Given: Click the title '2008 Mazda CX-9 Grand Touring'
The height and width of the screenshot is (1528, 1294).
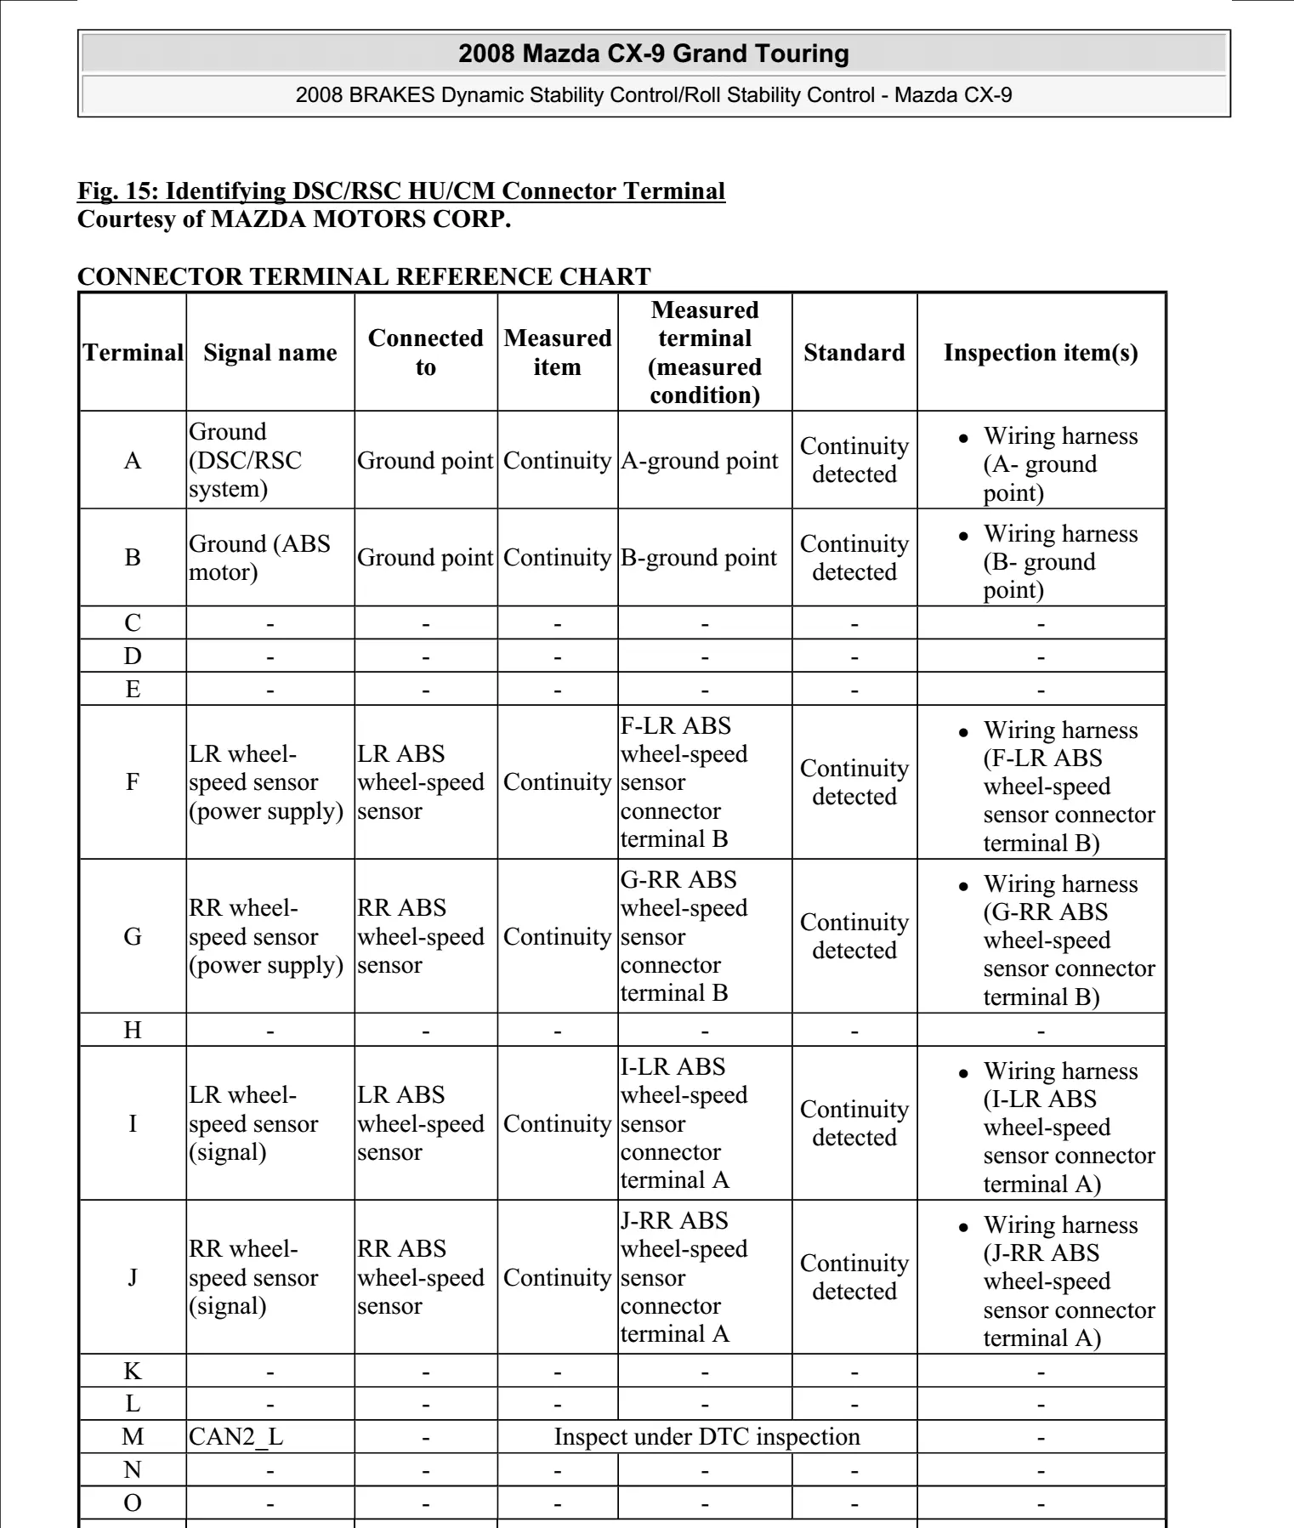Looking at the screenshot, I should click(654, 54).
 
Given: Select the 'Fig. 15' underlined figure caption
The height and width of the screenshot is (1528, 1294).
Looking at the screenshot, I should click(401, 190).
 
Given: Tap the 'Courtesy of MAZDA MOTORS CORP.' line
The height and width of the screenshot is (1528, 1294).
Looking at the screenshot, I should click(294, 219).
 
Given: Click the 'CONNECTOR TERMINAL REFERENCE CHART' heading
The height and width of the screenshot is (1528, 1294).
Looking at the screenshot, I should click(364, 276).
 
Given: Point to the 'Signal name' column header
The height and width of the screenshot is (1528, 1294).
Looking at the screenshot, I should click(270, 352).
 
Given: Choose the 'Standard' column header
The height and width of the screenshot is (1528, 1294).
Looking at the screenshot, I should click(854, 352).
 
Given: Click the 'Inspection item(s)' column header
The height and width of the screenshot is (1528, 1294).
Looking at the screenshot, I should click(1041, 352).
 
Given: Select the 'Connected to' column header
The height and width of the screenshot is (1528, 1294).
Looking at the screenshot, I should click(425, 352).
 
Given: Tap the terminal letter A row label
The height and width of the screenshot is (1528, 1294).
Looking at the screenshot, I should click(133, 460).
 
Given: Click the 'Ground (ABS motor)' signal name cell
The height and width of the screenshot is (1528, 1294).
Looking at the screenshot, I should click(259, 557).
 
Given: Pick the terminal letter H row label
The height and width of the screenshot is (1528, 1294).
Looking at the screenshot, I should click(133, 1030).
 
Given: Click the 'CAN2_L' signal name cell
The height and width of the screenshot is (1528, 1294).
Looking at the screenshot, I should click(236, 1436).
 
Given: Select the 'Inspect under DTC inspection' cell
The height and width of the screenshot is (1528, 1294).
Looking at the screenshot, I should click(707, 1436).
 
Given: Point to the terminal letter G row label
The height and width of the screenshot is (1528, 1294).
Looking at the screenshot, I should click(133, 936).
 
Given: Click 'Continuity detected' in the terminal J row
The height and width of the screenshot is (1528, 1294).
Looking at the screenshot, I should click(854, 1277).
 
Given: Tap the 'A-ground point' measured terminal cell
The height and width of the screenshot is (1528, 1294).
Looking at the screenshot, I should click(699, 460).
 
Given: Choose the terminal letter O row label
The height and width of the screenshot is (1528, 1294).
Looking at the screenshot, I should click(133, 1502).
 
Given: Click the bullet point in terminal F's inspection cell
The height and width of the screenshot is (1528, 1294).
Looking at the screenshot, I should click(963, 732).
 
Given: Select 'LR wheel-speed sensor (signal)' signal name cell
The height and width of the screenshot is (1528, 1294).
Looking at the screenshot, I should click(253, 1123).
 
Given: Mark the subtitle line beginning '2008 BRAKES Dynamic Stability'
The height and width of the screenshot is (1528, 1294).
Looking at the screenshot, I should click(654, 94).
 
